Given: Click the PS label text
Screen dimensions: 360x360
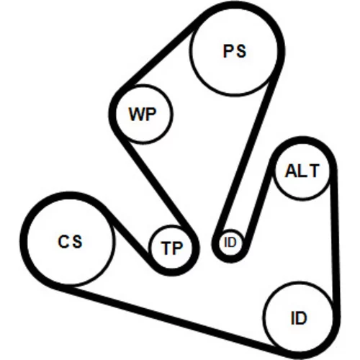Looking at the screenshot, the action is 235,51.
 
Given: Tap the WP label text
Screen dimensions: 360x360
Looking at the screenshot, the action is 143,114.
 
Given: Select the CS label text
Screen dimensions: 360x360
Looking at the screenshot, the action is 70,241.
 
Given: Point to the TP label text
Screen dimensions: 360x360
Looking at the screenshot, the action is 172,248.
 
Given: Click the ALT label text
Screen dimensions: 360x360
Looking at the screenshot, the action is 302,171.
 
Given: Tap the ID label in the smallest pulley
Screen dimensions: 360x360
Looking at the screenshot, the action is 230,243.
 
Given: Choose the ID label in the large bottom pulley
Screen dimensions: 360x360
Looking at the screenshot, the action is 299,318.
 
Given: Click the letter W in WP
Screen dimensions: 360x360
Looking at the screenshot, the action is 137,114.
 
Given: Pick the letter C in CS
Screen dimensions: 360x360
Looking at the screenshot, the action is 63,241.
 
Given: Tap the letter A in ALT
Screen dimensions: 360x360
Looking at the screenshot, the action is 291,171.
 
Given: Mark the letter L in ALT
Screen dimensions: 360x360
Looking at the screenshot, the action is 303,171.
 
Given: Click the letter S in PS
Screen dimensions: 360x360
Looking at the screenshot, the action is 240,51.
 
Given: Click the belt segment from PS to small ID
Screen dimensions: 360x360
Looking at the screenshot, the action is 247,153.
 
